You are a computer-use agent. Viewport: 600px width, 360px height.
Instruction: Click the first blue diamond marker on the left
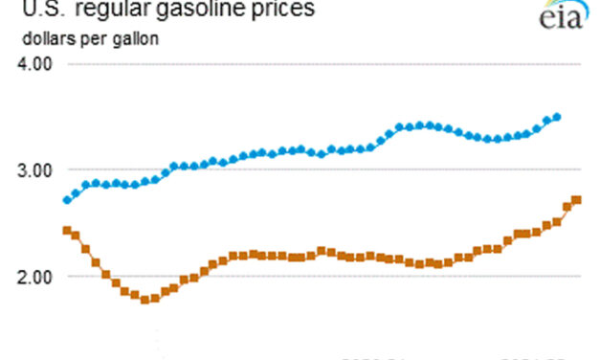click(x=66, y=200)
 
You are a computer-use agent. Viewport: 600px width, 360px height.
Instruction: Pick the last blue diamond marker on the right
click(x=558, y=117)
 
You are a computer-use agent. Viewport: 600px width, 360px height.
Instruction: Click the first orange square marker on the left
click(x=66, y=231)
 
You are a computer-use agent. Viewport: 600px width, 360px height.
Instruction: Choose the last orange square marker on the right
click(x=577, y=200)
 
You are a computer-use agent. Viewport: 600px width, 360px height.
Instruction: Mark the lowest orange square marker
click(x=145, y=300)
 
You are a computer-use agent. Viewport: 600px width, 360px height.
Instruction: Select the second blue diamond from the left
click(x=76, y=193)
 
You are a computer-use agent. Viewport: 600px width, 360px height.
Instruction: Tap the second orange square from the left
click(x=76, y=235)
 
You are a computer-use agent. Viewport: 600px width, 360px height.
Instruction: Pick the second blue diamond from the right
click(x=547, y=120)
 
